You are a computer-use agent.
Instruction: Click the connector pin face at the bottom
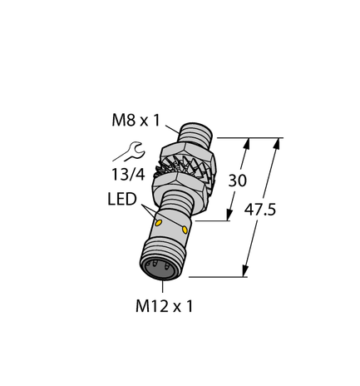pos(159,268)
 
